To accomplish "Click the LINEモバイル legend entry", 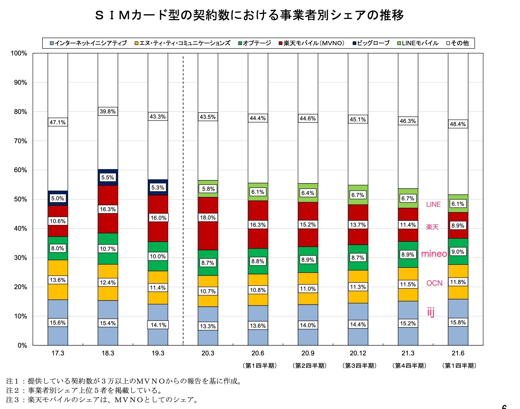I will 418,43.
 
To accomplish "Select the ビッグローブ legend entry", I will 371,43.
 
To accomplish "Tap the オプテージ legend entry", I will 255,43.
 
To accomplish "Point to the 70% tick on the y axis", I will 20,141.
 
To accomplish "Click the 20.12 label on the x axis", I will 358,353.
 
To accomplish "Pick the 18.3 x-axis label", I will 108,353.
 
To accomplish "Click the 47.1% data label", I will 58,122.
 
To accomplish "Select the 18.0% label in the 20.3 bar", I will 208,217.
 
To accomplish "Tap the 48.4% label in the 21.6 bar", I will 458,124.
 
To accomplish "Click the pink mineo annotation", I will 434,254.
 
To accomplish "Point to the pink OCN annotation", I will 434,283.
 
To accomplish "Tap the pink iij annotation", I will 431,312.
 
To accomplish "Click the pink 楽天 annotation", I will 432,227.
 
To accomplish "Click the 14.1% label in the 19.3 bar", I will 158,325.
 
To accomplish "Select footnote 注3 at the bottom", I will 102,400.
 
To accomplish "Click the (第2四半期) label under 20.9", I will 309,366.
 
